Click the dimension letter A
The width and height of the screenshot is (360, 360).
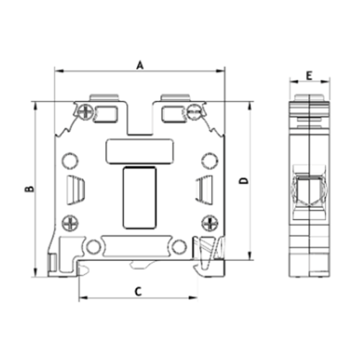[x=140, y=65]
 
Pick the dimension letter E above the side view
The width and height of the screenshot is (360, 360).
[x=308, y=75]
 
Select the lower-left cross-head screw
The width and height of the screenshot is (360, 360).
[x=69, y=221]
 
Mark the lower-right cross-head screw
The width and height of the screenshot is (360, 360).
[x=209, y=221]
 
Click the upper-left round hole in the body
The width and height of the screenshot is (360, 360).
[x=70, y=161]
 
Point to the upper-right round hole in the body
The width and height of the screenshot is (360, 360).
[x=209, y=161]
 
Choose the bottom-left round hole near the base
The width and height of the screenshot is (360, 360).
[x=94, y=247]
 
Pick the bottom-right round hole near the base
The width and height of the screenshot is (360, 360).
[x=179, y=247]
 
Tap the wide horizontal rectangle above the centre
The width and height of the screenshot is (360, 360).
[x=139, y=150]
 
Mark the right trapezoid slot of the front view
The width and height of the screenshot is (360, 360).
[x=203, y=189]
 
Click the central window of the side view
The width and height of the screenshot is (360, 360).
[x=307, y=192]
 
